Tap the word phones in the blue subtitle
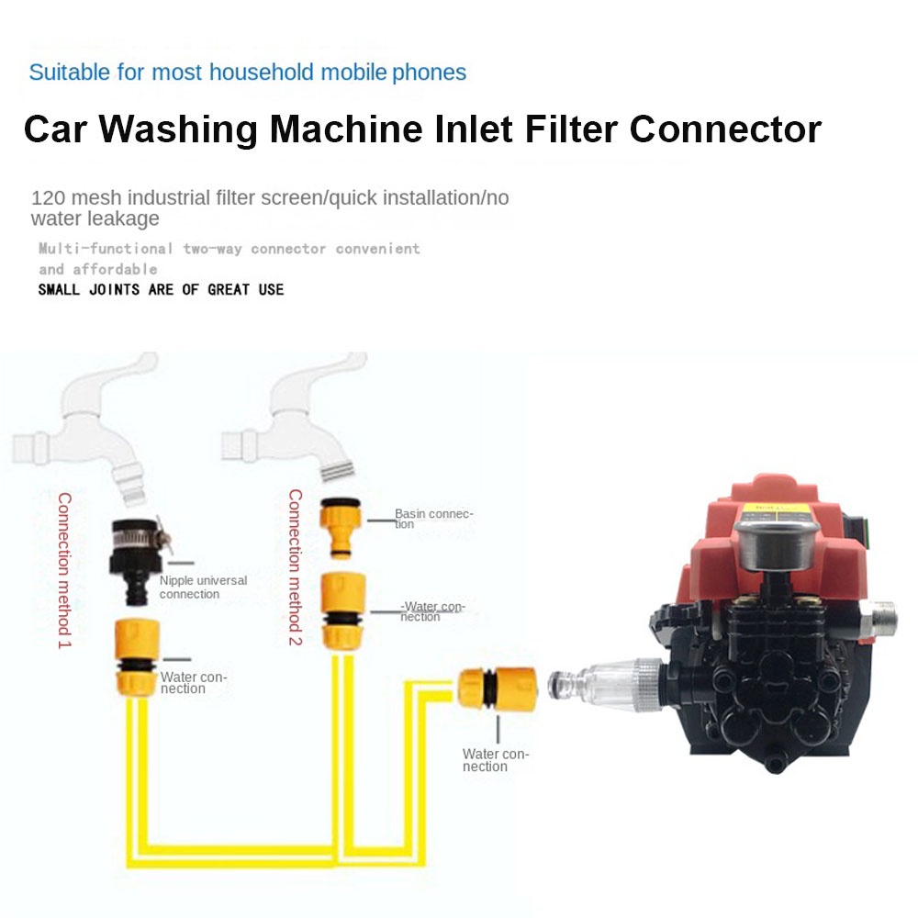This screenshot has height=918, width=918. (x=429, y=73)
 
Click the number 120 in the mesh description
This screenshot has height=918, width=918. (x=46, y=197)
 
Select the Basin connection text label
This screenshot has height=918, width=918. (x=432, y=519)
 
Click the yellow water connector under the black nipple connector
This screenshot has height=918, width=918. (x=137, y=655)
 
